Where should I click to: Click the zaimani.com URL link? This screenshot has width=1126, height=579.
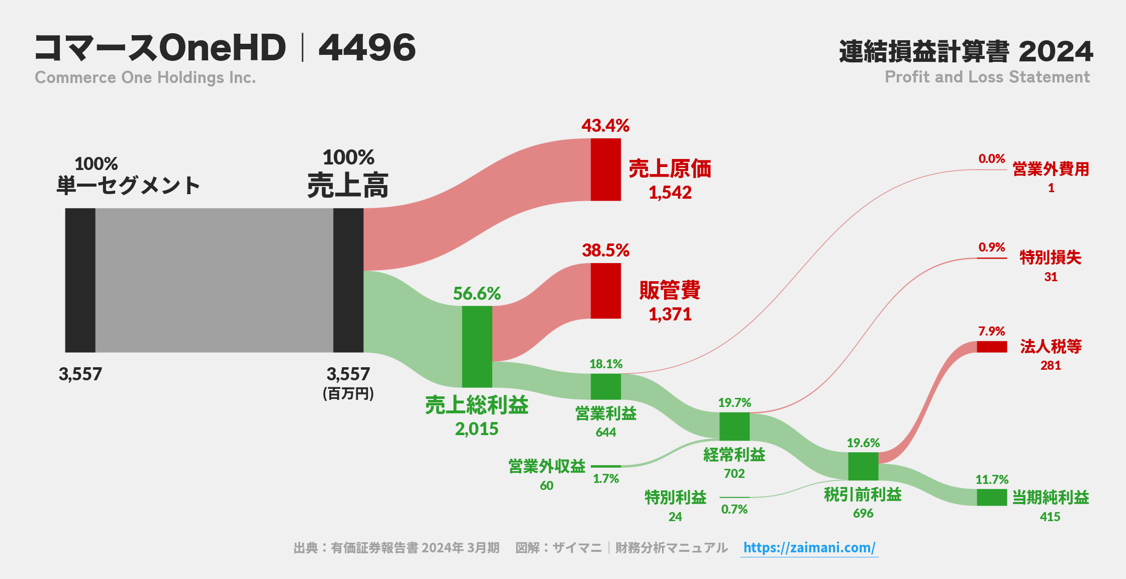pyautogui.click(x=809, y=547)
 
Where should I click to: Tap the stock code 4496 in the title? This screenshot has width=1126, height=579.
pyautogui.click(x=367, y=48)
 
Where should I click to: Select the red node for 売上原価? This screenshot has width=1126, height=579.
pyautogui.click(x=605, y=170)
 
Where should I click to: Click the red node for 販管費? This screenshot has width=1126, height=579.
pyautogui.click(x=605, y=291)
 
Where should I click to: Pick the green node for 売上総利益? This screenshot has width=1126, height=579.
pyautogui.click(x=477, y=347)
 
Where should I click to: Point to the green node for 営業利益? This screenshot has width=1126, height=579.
pyautogui.click(x=605, y=386)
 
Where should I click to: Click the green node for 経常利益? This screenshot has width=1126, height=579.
pyautogui.click(x=734, y=426)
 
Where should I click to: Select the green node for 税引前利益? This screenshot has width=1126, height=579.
pyautogui.click(x=863, y=466)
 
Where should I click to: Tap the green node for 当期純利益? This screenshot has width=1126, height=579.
pyautogui.click(x=991, y=497)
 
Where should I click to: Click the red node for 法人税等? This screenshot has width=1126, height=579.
pyautogui.click(x=991, y=347)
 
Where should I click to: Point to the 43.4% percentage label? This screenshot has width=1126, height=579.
pyautogui.click(x=605, y=125)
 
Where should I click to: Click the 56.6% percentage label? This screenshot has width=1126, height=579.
pyautogui.click(x=477, y=293)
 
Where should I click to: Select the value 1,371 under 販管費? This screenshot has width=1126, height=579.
pyautogui.click(x=670, y=314)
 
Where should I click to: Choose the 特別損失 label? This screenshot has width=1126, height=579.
pyautogui.click(x=1050, y=258)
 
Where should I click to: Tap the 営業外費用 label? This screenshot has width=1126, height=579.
pyautogui.click(x=1050, y=169)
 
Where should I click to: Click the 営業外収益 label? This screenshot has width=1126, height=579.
pyautogui.click(x=546, y=466)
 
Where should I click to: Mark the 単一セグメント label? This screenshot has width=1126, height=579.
pyautogui.click(x=128, y=186)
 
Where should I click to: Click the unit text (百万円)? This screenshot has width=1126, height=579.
pyautogui.click(x=348, y=393)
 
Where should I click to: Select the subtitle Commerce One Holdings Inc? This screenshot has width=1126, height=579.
pyautogui.click(x=145, y=77)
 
